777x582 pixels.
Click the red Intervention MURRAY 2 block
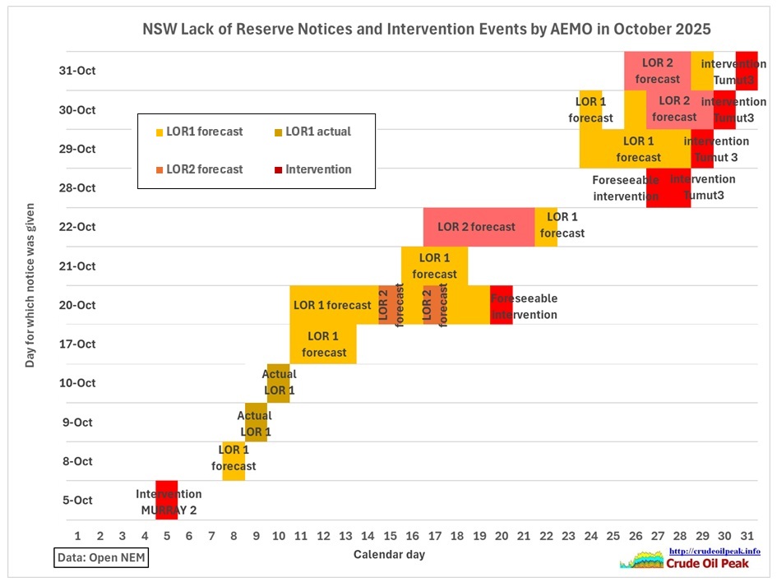167,500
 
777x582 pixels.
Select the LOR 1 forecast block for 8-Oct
234,460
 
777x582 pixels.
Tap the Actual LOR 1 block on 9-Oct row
256,422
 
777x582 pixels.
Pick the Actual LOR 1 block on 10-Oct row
278,383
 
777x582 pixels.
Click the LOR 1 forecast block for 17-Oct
323,344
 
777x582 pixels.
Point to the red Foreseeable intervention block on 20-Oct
501,305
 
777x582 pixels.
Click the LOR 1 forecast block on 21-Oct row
434,266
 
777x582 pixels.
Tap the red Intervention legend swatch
279,169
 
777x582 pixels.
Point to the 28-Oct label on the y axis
81,187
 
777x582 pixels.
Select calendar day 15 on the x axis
391,536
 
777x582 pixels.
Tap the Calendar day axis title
389,555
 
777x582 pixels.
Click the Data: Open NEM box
102,558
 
